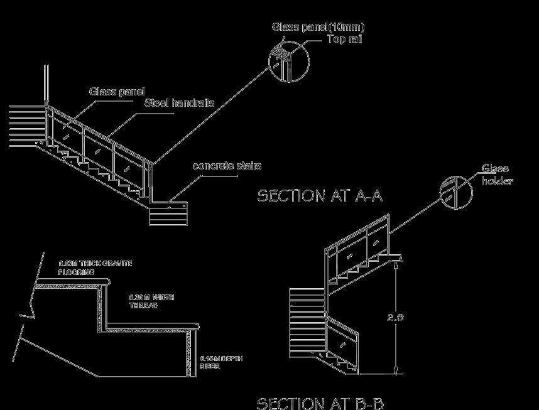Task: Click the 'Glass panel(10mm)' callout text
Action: [318, 27]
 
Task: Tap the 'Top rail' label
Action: [344, 39]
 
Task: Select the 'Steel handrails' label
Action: [179, 103]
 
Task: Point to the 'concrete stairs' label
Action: [226, 166]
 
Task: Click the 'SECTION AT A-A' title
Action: [320, 196]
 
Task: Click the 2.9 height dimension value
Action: [396, 317]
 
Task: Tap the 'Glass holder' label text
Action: [497, 175]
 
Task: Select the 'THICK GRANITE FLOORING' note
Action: [95, 268]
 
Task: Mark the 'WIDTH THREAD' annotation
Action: [151, 301]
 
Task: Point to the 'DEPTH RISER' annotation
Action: [220, 362]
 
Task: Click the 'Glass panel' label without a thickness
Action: [116, 92]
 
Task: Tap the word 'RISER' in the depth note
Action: [210, 366]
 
